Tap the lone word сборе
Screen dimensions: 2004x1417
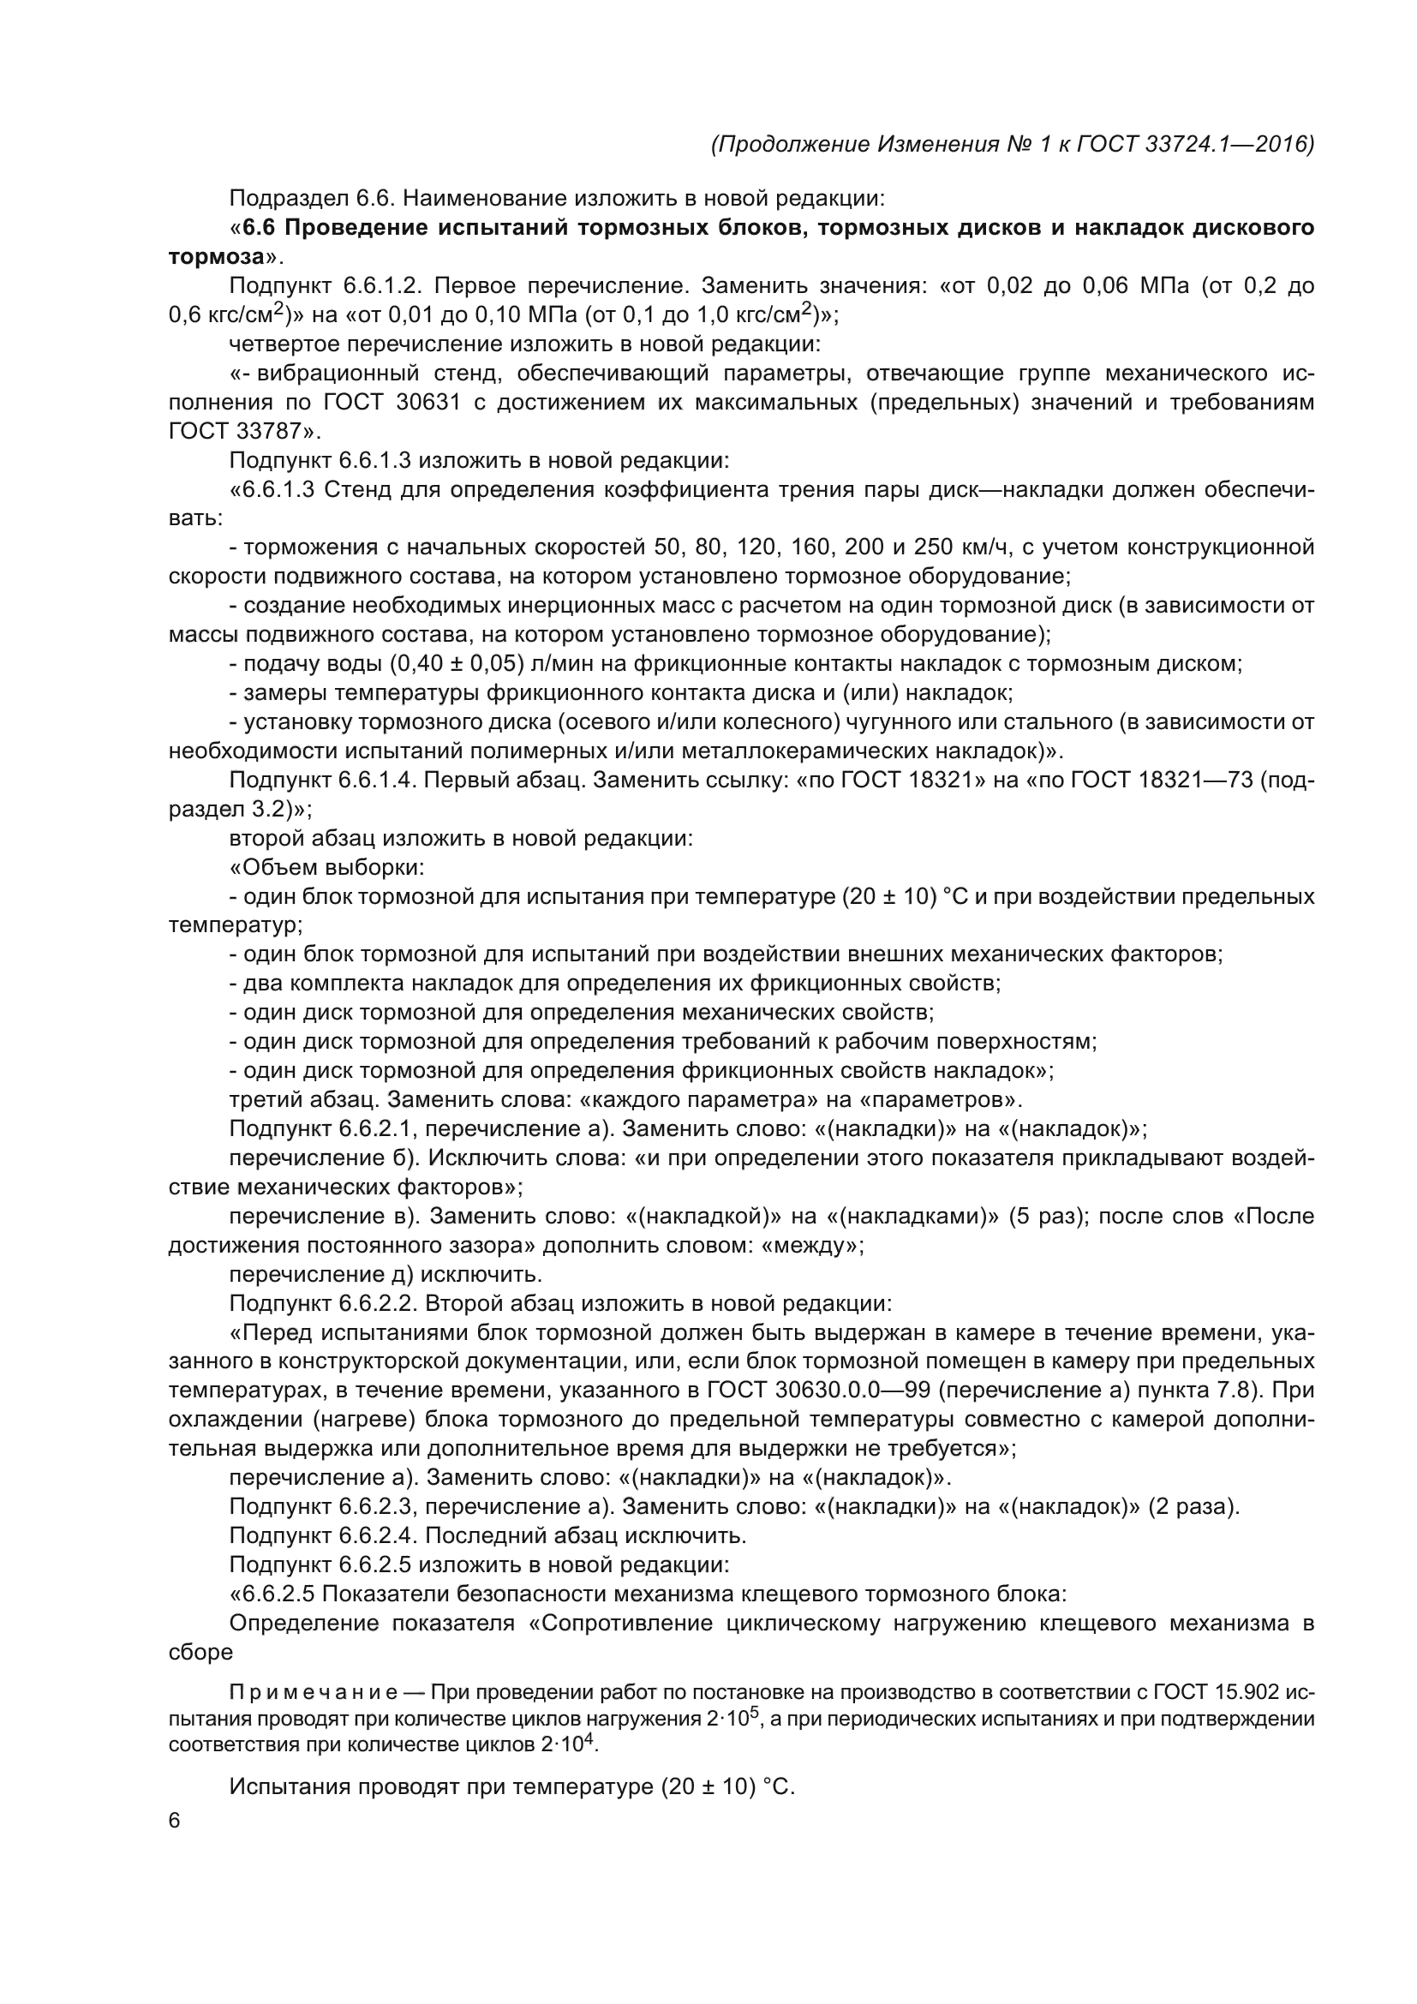click(x=200, y=1652)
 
